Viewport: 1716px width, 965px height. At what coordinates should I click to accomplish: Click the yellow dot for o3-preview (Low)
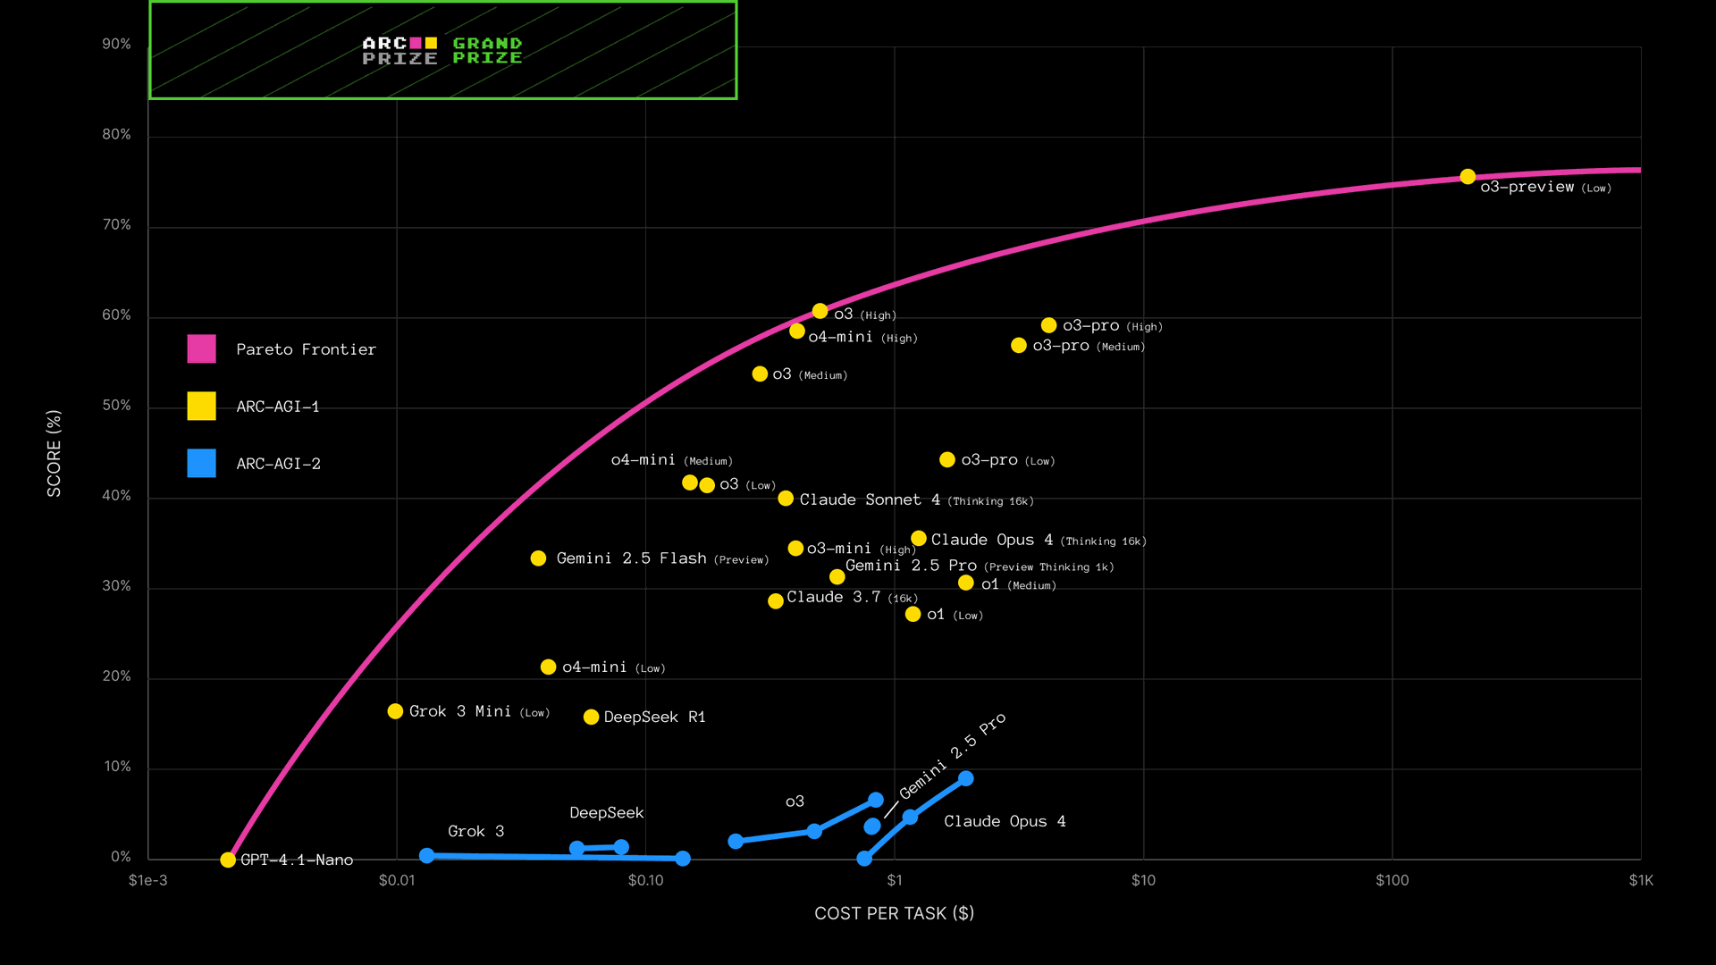coord(1468,177)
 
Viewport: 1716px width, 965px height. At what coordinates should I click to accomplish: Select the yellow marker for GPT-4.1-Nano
coord(228,860)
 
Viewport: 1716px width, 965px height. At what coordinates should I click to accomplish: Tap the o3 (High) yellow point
coord(820,311)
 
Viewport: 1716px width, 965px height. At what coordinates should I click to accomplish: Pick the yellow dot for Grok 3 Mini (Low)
coord(395,711)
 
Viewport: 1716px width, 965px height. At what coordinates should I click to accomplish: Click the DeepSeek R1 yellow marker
coord(591,717)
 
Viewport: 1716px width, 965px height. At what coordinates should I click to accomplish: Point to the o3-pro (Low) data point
coord(947,459)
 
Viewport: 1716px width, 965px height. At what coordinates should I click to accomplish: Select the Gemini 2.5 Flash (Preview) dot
coord(538,558)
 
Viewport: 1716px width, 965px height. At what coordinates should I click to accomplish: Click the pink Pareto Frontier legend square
coord(201,348)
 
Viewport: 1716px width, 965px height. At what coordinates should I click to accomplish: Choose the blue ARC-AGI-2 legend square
coord(201,463)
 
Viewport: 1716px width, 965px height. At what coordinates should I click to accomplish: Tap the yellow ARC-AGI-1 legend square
coord(201,406)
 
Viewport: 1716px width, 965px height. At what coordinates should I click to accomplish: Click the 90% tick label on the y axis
coord(116,45)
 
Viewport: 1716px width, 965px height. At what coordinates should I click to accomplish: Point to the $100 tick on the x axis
coord(1392,880)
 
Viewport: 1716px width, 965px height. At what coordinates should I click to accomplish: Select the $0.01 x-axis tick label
coord(397,880)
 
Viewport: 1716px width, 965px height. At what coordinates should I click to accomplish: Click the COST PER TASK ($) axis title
coord(894,913)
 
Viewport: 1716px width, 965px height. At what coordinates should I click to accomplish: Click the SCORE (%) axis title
coord(55,453)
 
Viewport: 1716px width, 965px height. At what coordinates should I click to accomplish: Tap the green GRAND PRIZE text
coord(487,51)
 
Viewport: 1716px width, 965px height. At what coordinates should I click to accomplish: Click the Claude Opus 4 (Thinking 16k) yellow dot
coord(919,538)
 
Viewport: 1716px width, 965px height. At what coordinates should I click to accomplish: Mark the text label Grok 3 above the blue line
coord(475,831)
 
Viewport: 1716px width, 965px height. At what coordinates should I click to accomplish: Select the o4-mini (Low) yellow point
coord(548,667)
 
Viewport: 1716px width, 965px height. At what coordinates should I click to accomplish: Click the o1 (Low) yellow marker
coord(913,614)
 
